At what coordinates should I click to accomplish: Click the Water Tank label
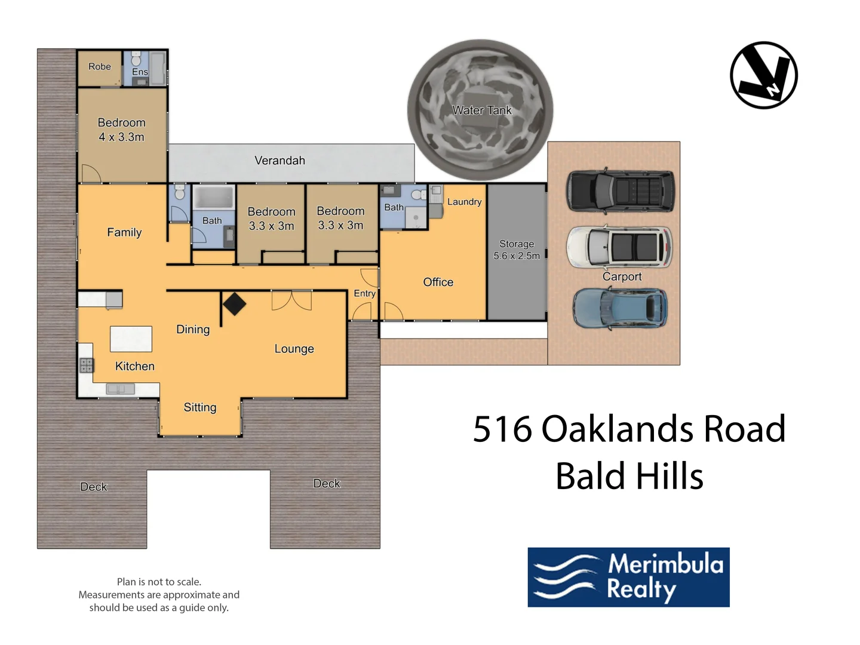(481, 110)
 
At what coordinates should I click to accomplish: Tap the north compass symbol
(764, 75)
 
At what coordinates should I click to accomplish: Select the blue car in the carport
(620, 308)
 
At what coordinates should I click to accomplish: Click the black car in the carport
(620, 191)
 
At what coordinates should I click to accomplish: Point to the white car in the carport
(619, 247)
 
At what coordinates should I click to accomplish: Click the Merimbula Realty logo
(628, 577)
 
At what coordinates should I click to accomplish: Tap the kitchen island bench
(131, 339)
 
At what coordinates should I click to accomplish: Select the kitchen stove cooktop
(87, 365)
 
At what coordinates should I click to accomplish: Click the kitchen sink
(120, 389)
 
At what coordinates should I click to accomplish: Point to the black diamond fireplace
(234, 303)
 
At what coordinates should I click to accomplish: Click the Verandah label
(279, 161)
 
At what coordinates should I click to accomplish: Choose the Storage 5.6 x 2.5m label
(517, 250)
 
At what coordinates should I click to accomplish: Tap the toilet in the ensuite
(136, 59)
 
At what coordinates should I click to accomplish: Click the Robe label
(100, 67)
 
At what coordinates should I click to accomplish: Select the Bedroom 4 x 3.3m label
(122, 130)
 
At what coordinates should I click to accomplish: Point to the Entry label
(364, 293)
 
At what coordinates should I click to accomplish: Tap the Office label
(438, 282)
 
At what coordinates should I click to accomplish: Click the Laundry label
(464, 202)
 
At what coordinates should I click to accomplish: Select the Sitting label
(200, 407)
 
